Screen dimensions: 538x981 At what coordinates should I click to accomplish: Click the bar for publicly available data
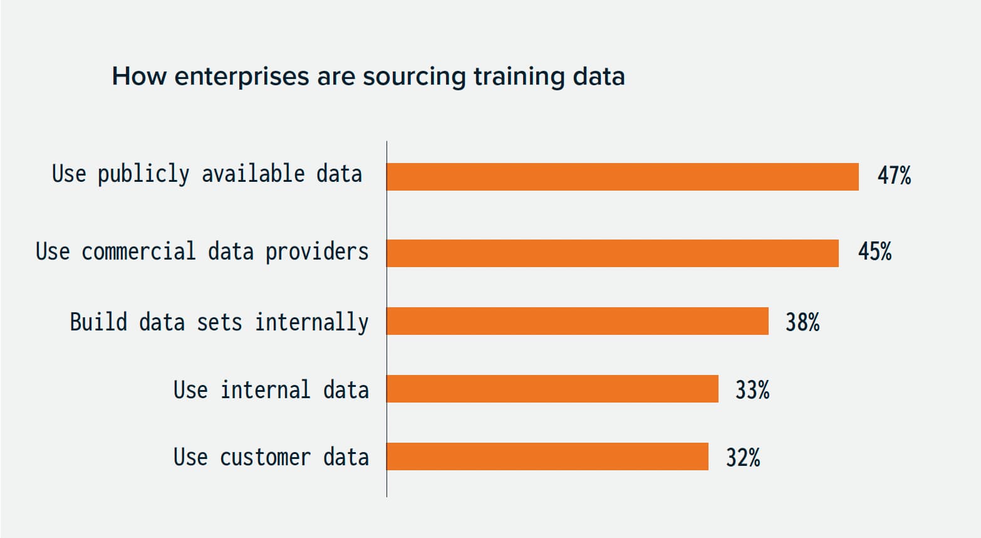(622, 177)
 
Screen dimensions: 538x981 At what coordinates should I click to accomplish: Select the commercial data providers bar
(612, 253)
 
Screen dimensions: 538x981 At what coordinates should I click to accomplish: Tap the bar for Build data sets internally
(577, 321)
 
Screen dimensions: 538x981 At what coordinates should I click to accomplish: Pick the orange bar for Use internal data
(552, 389)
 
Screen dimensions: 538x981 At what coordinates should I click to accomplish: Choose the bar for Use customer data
(547, 456)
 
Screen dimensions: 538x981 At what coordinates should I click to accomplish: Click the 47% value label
(894, 176)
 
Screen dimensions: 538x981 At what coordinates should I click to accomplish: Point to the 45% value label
(875, 252)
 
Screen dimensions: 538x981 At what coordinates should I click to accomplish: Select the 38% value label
(802, 322)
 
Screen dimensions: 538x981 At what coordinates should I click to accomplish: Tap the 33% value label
(752, 390)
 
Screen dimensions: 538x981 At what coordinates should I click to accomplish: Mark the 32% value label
(743, 458)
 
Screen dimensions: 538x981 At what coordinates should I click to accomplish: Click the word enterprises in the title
(242, 77)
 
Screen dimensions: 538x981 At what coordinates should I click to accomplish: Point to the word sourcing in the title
(414, 77)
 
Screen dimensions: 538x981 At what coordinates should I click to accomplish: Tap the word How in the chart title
(139, 76)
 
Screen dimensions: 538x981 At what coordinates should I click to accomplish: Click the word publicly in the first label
(143, 174)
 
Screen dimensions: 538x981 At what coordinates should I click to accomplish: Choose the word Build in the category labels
(98, 322)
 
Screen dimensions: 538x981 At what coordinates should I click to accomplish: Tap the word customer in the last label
(265, 458)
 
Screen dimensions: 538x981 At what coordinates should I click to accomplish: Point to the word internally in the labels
(311, 322)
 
